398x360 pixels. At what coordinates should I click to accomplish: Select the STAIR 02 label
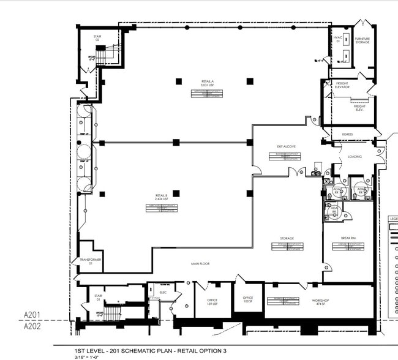[x=97, y=39]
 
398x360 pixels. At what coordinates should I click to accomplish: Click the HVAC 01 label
[x=337, y=39]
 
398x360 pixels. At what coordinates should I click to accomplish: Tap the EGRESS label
[x=347, y=134]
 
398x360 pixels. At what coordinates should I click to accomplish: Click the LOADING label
[x=355, y=156]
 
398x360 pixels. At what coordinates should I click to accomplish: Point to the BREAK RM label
[x=348, y=238]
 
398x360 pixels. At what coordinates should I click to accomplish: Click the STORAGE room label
[x=287, y=238]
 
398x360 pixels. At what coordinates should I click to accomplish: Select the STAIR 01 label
[x=98, y=297]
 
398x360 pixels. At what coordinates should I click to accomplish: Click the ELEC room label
[x=163, y=293]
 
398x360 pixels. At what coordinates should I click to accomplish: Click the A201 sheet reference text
[x=32, y=315]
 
